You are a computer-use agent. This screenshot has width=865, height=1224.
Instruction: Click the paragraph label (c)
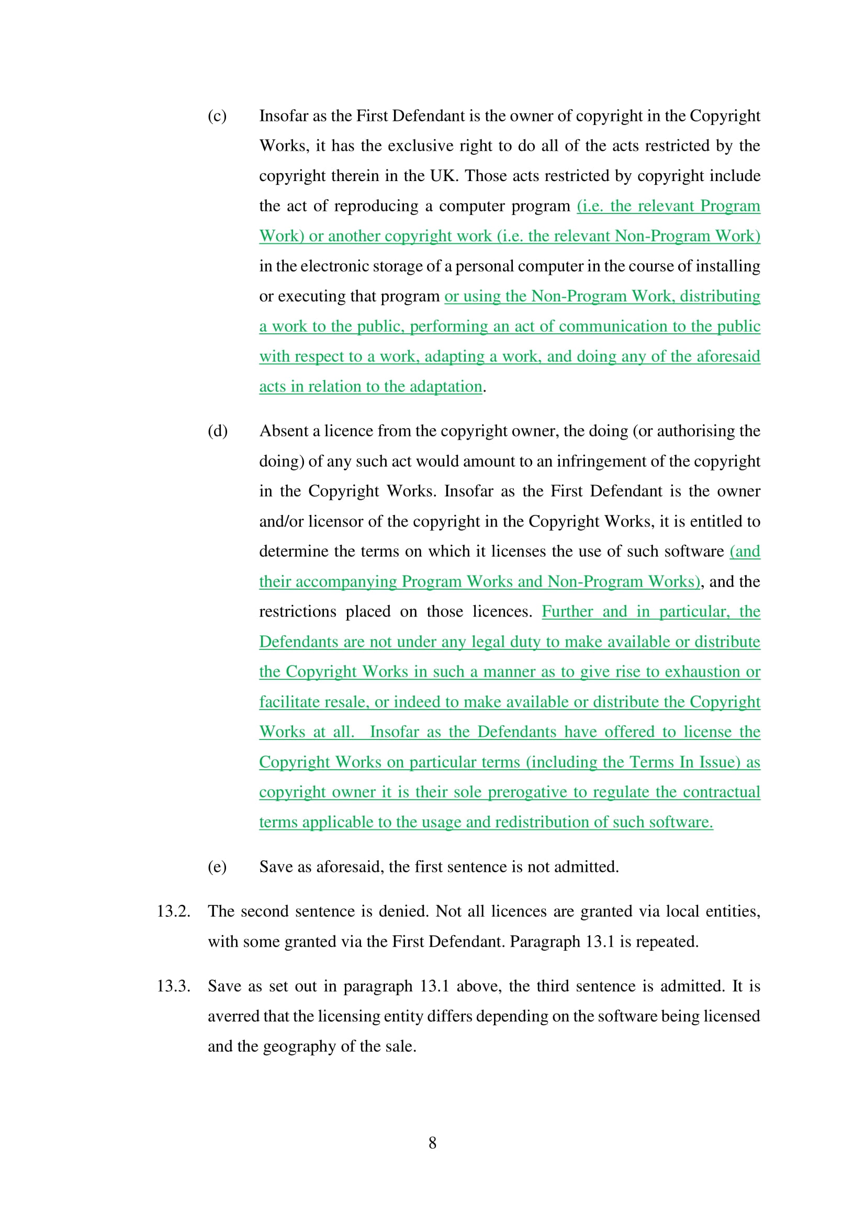pyautogui.click(x=217, y=116)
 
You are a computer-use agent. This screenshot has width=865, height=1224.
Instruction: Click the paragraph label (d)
pyautogui.click(x=218, y=431)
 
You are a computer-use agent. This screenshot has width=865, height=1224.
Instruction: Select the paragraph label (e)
pyautogui.click(x=217, y=867)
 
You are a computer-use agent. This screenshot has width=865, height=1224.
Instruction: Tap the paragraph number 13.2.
pyautogui.click(x=173, y=911)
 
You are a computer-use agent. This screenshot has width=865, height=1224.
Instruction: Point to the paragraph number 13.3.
pyautogui.click(x=173, y=986)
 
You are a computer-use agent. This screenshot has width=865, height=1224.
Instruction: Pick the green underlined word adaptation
pyautogui.click(x=448, y=387)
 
